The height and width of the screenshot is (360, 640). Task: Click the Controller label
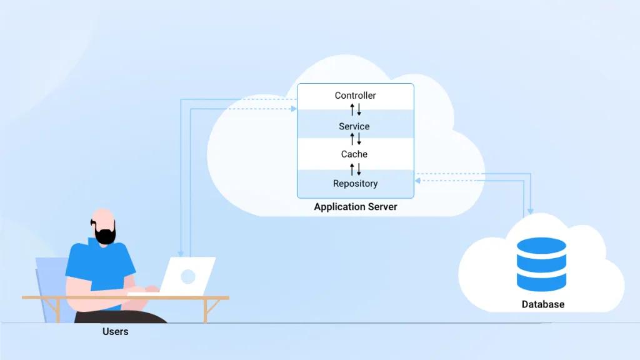tap(355, 96)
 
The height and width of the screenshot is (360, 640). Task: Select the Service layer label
tap(354, 126)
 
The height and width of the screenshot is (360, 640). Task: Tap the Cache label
tap(354, 154)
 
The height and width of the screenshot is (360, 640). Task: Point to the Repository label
tap(355, 184)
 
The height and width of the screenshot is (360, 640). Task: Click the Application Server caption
tap(355, 207)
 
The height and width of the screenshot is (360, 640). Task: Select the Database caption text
tap(543, 304)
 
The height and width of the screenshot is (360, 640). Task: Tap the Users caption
tap(115, 331)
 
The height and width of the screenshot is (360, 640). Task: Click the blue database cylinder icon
tap(541, 264)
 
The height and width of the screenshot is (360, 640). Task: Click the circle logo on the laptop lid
tap(187, 277)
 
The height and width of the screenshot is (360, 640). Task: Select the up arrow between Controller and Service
tap(352, 109)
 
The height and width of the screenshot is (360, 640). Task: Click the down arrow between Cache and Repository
tap(359, 169)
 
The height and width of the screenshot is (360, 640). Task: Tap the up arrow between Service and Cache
tap(352, 139)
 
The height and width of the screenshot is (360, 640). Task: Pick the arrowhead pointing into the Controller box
tap(294, 109)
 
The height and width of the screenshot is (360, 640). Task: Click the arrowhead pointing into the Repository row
tap(417, 181)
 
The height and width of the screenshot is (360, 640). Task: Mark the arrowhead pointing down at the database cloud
tap(530, 211)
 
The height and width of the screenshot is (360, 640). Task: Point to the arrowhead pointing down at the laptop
tap(181, 254)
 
